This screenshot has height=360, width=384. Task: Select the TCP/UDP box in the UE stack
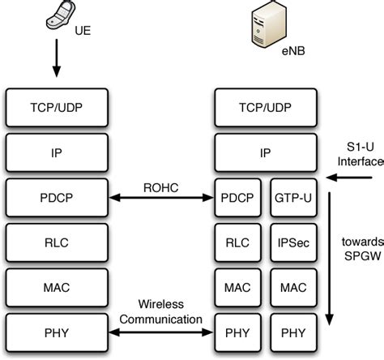(55, 106)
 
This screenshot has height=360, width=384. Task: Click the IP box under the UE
(55, 151)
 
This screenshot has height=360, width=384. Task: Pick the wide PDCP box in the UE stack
(55, 196)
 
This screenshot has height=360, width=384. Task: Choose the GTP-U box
(289, 196)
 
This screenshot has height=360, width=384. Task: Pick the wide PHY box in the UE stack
(55, 332)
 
